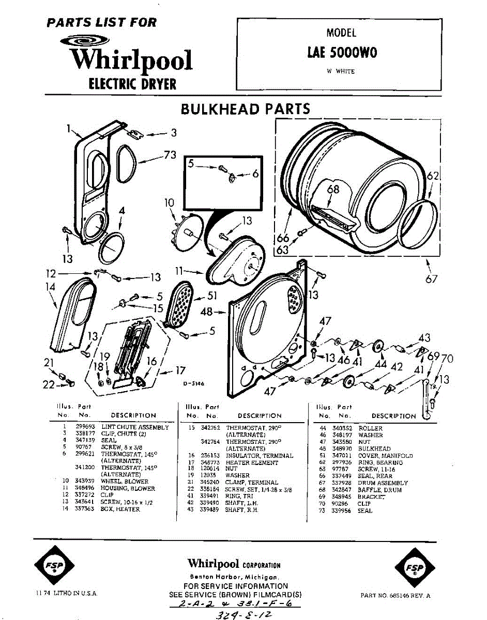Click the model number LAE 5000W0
pyautogui.click(x=342, y=53)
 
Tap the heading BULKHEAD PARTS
pyautogui.click(x=245, y=109)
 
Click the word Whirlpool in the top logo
pyautogui.click(x=132, y=60)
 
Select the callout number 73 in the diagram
pyautogui.click(x=170, y=154)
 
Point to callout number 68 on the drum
pyautogui.click(x=334, y=189)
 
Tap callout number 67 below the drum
pyautogui.click(x=432, y=280)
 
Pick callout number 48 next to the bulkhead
pyautogui.click(x=206, y=312)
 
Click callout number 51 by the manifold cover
pyautogui.click(x=213, y=296)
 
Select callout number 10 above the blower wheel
pyautogui.click(x=169, y=203)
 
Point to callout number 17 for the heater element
pyautogui.click(x=180, y=370)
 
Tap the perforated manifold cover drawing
pyautogui.click(x=180, y=304)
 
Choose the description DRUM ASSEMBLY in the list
pyautogui.click(x=383, y=483)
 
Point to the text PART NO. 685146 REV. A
pyautogui.click(x=395, y=596)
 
